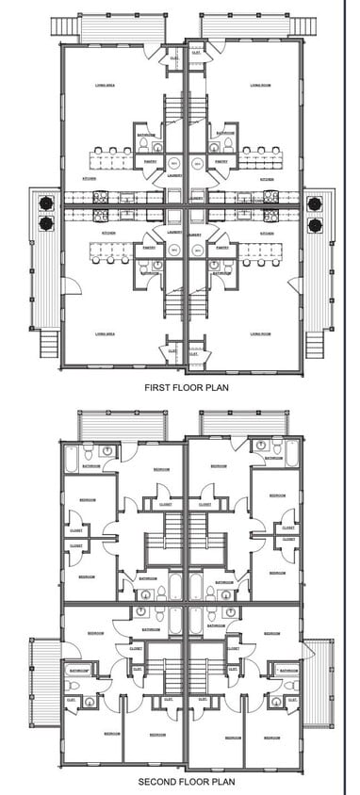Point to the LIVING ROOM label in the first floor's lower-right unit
[262, 333]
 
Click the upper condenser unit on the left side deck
[44, 202]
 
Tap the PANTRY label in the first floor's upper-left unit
[150, 160]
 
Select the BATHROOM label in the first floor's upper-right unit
[224, 135]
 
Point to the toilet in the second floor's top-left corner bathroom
[106, 451]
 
